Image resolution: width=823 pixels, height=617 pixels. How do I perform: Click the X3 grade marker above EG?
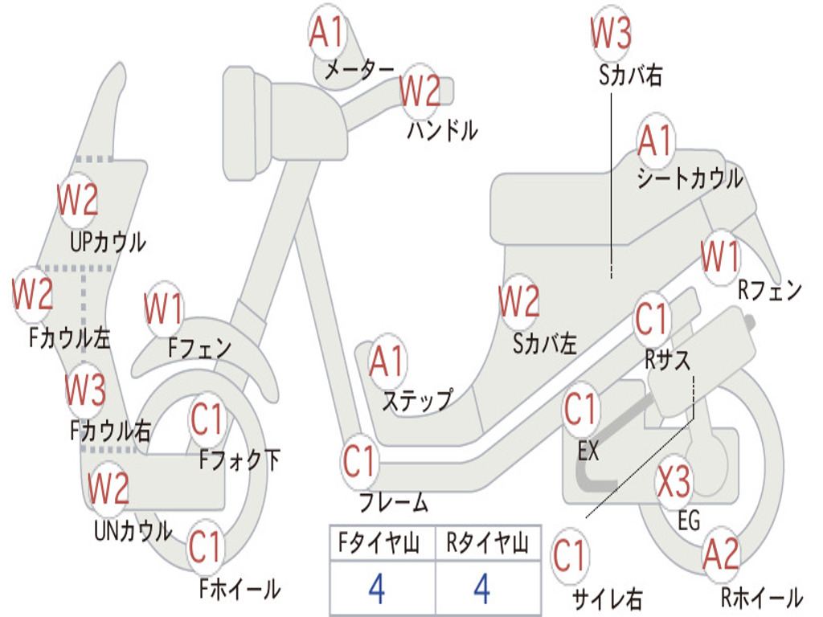(x=674, y=483)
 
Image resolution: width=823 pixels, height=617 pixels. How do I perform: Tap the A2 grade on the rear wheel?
(x=720, y=554)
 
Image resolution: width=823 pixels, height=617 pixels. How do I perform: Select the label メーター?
(x=359, y=71)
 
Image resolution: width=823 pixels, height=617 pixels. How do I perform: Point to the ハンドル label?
(x=442, y=129)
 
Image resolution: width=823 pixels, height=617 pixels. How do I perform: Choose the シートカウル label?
(x=690, y=178)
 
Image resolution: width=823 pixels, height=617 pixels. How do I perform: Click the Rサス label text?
(x=667, y=360)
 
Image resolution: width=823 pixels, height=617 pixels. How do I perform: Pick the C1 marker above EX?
(x=582, y=411)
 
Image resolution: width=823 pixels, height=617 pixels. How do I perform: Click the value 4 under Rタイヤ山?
(x=481, y=589)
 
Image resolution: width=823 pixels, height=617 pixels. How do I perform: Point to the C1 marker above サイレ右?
(x=570, y=555)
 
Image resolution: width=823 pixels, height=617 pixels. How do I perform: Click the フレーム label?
(x=393, y=504)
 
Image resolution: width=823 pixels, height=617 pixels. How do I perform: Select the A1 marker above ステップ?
(x=387, y=362)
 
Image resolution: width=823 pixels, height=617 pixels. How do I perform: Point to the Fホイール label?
(x=240, y=589)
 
